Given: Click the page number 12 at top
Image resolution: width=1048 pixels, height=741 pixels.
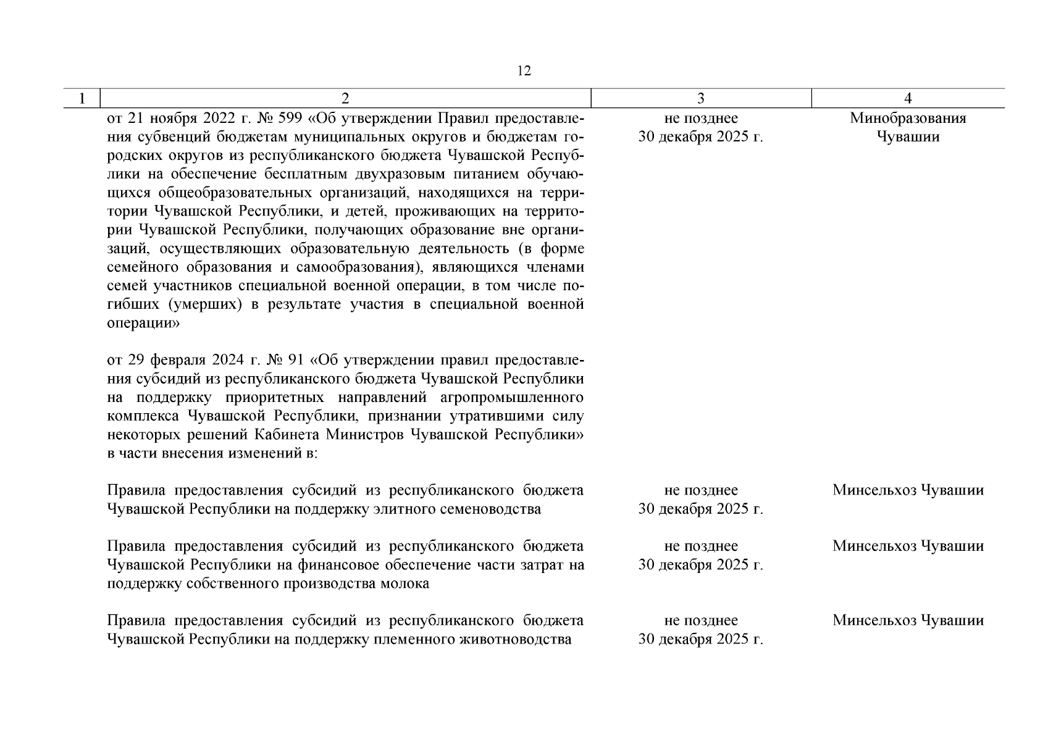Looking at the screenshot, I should tap(524, 71).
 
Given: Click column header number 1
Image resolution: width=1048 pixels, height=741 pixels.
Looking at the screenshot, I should tap(82, 99).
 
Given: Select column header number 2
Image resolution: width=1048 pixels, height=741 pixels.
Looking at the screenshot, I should tap(345, 99).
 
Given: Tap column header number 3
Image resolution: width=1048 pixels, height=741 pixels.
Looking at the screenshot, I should tap(701, 99).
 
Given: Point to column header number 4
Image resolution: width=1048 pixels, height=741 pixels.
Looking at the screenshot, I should tap(908, 99).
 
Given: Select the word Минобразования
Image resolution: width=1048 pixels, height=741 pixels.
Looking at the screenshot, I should tap(908, 118).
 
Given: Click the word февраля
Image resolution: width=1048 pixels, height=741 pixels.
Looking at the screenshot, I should tap(179, 360).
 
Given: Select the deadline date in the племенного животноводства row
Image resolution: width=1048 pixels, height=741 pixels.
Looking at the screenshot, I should tap(701, 639).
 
